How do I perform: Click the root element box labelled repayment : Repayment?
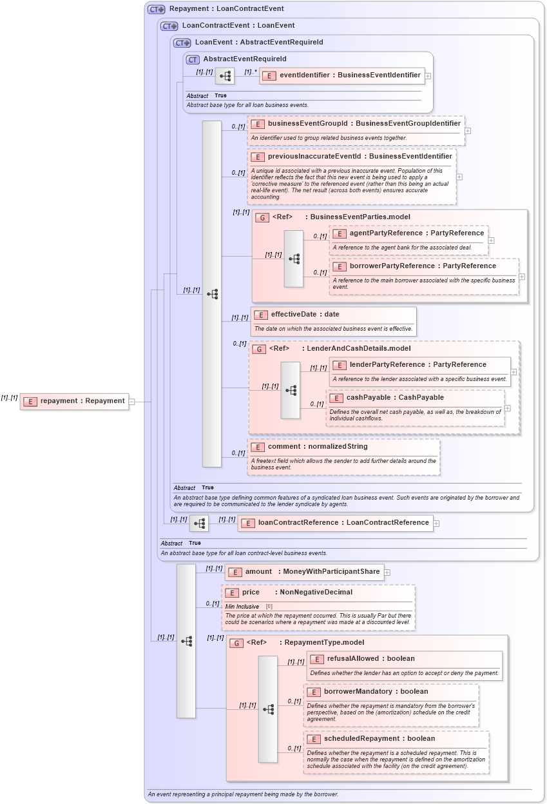click(x=75, y=401)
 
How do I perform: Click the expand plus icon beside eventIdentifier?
click(x=428, y=75)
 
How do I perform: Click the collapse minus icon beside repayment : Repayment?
click(x=131, y=401)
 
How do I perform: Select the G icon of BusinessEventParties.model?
click(x=262, y=217)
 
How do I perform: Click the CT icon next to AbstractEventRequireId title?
click(x=192, y=59)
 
